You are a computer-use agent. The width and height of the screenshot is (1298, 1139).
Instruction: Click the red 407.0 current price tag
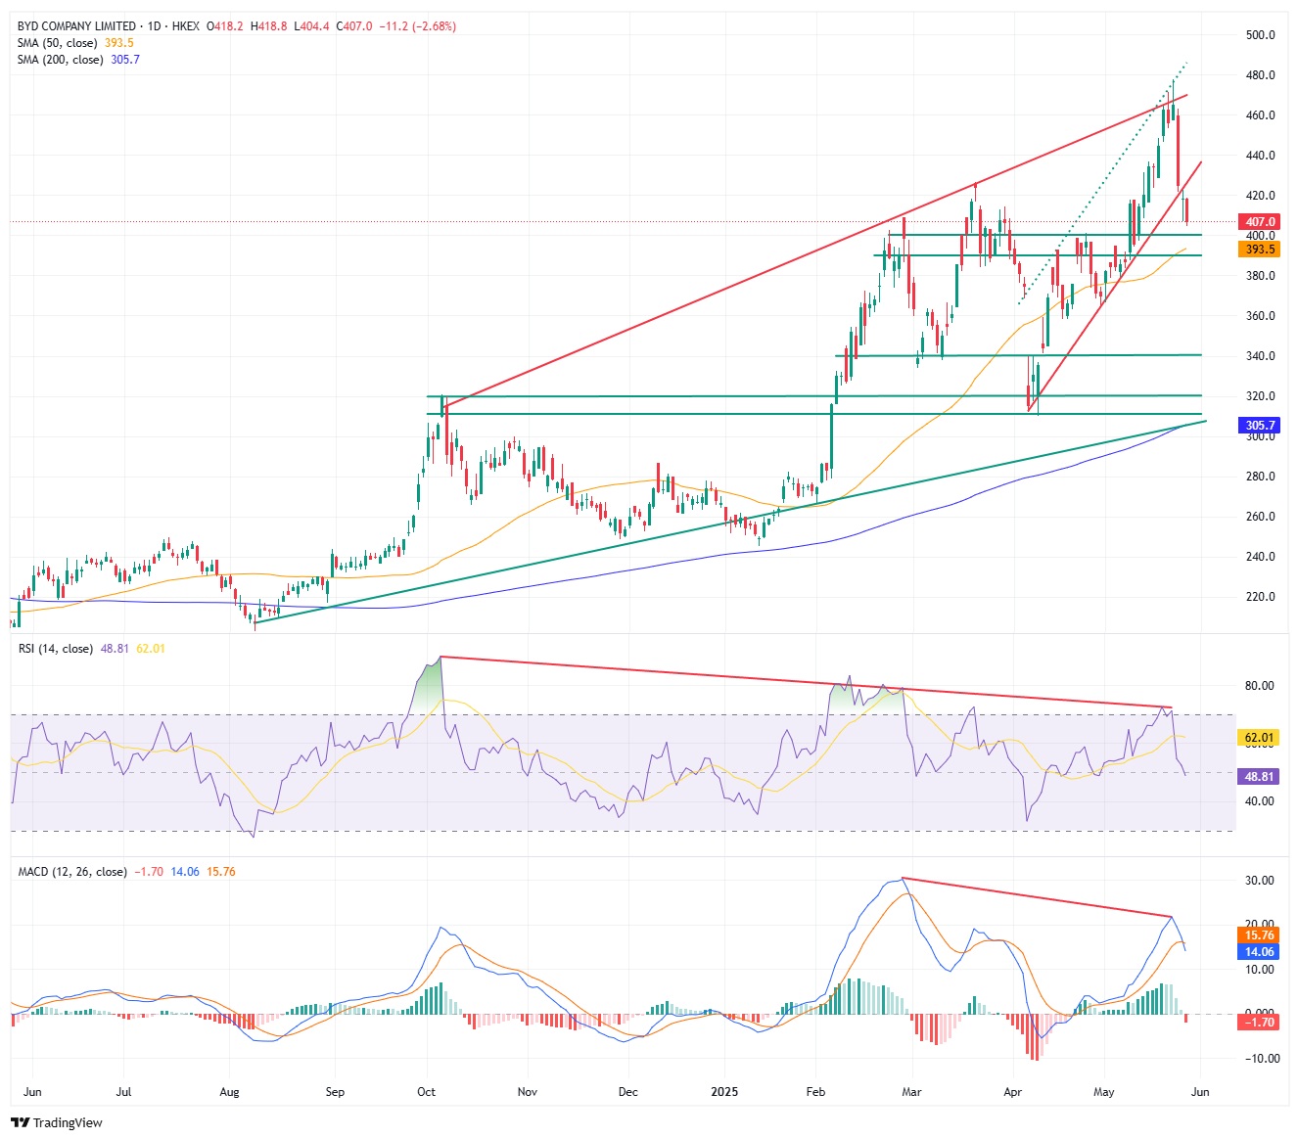(x=1260, y=222)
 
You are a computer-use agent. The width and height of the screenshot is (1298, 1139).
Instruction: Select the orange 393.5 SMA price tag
(x=1260, y=250)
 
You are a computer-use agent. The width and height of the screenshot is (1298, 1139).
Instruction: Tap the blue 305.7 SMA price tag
(x=1260, y=426)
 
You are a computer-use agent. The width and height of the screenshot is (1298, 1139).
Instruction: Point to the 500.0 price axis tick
(x=1260, y=35)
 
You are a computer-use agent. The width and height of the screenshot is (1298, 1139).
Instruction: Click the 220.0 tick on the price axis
(x=1260, y=597)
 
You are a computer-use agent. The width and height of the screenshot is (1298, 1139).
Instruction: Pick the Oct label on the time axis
(x=426, y=1092)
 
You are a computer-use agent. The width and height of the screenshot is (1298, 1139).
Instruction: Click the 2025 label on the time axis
(x=724, y=1092)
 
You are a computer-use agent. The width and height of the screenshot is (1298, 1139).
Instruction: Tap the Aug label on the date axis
(x=229, y=1092)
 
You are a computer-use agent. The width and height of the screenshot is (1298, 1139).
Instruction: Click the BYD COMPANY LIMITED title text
(x=76, y=26)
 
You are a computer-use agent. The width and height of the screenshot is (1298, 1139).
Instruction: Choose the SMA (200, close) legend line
(x=60, y=60)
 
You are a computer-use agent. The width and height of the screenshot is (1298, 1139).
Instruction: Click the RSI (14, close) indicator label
(x=56, y=649)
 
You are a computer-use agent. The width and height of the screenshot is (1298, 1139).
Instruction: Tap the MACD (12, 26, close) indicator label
(x=72, y=872)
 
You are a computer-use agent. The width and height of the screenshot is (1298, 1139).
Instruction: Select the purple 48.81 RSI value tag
(x=1260, y=776)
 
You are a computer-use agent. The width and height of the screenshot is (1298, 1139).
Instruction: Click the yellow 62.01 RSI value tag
(x=1260, y=738)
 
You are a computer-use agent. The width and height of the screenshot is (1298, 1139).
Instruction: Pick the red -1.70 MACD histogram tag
(x=1260, y=1023)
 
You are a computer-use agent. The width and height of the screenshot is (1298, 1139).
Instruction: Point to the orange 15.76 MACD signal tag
(x=1260, y=935)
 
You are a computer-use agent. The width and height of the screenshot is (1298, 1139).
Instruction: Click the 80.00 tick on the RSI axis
(x=1260, y=686)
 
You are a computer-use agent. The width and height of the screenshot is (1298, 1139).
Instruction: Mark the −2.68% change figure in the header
(x=435, y=26)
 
